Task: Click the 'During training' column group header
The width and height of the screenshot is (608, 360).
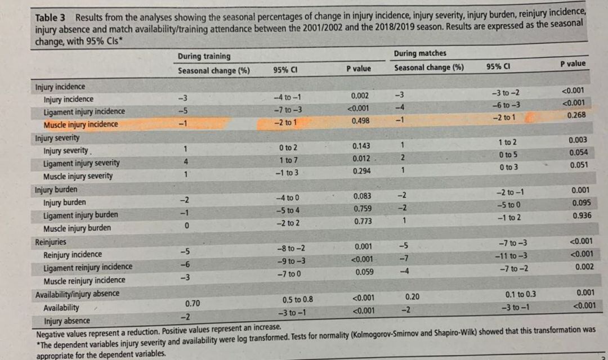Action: [x=204, y=56]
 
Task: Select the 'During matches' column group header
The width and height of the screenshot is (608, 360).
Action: [x=420, y=53]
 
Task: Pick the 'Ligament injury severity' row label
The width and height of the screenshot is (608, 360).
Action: [x=82, y=163]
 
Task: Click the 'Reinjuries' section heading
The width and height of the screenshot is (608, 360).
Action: [x=51, y=242]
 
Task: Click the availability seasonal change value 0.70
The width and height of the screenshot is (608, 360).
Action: [x=193, y=304]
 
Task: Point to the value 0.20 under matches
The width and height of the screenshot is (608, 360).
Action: [x=413, y=296]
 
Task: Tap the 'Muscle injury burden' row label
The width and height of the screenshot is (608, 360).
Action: [x=77, y=228]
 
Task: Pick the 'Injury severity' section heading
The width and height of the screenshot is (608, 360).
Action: [x=57, y=138]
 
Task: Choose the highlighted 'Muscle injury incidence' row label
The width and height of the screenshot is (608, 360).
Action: [x=81, y=124]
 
